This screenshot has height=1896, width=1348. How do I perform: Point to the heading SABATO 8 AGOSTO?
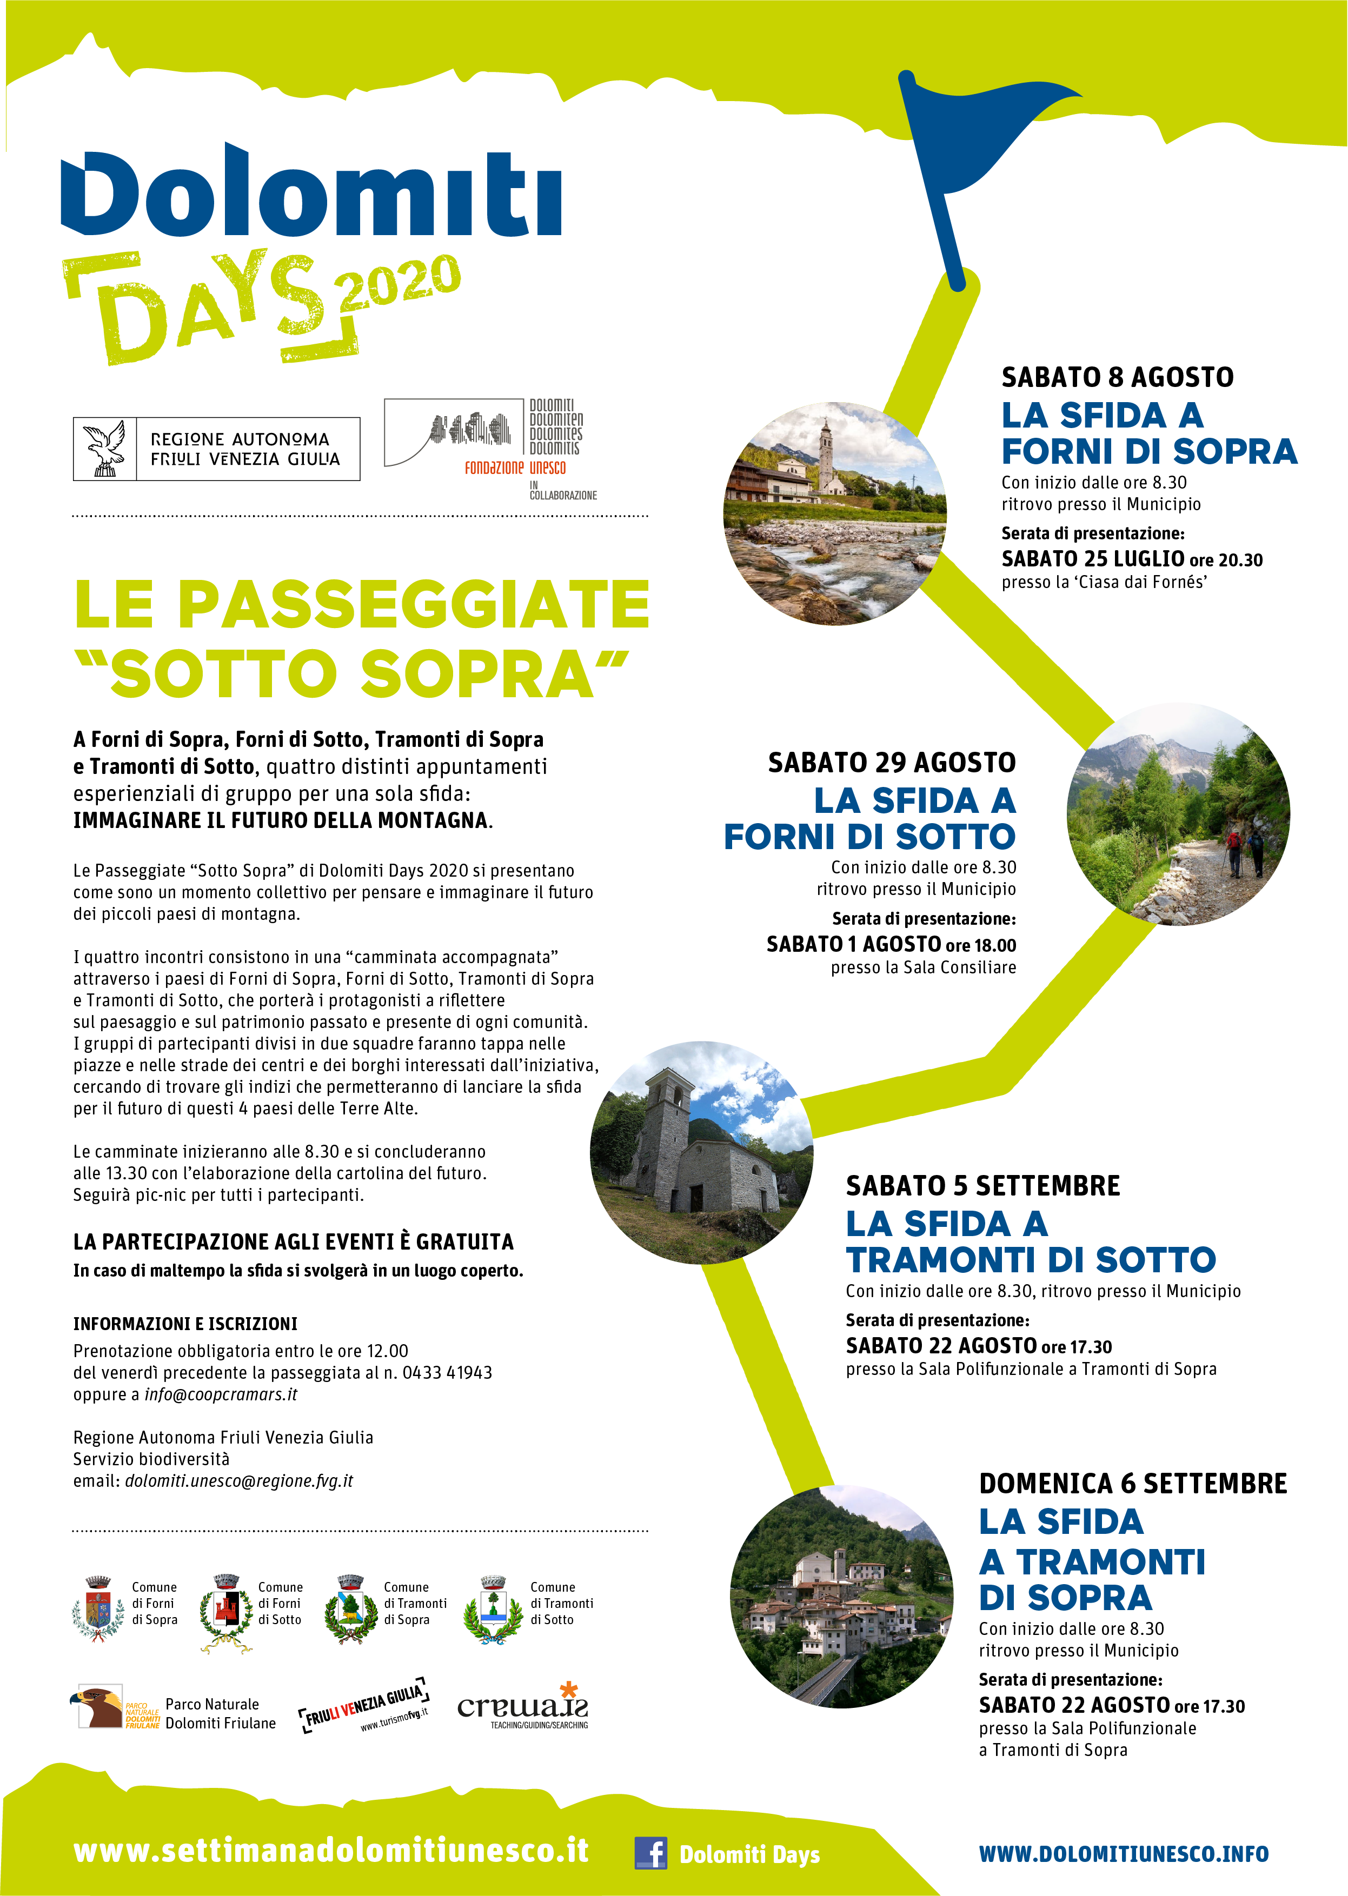(1117, 378)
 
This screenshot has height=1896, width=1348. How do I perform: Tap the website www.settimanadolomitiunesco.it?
(331, 1851)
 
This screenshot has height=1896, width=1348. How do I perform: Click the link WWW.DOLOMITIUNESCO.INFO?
(1124, 1854)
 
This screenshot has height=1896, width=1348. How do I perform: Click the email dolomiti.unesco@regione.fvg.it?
(239, 1481)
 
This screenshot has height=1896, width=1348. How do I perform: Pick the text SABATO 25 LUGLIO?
(1092, 559)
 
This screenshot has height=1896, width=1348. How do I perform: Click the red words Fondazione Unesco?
(515, 468)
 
